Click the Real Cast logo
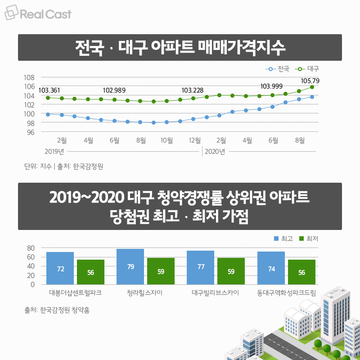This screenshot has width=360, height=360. click(x=38, y=14)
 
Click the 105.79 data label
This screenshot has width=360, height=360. click(x=309, y=81)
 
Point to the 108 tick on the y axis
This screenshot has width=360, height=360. click(x=29, y=77)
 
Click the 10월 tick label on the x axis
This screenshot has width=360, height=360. click(x=167, y=140)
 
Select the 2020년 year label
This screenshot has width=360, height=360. click(x=215, y=151)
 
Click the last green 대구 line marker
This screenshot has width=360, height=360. click(x=312, y=87)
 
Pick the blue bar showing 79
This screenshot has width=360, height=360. click(x=130, y=267)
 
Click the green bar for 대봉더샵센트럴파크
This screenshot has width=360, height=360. click(x=90, y=272)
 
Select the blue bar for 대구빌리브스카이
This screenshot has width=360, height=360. click(x=200, y=268)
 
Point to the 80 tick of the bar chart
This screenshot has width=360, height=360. click(x=31, y=248)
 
